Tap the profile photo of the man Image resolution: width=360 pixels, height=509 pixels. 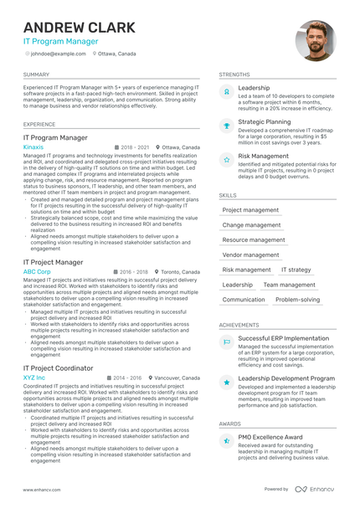pyautogui.click(x=315, y=41)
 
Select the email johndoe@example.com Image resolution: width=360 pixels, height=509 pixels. pyautogui.click(x=58, y=54)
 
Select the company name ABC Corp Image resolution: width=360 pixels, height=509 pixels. pyautogui.click(x=37, y=272)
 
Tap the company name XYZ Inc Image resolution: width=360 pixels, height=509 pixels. pyautogui.click(x=34, y=378)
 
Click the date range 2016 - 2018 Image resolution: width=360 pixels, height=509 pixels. pyautogui.click(x=134, y=272)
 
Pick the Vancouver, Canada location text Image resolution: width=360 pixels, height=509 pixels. pyautogui.click(x=177, y=378)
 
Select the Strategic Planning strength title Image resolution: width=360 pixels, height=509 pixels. pyautogui.click(x=265, y=121)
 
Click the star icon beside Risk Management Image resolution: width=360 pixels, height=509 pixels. pyautogui.click(x=226, y=158)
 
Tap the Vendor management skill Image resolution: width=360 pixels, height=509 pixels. pyautogui.click(x=250, y=254)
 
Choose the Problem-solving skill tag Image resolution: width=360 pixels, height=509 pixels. pyautogui.click(x=297, y=299)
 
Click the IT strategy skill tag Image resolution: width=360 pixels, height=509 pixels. pyautogui.click(x=296, y=270)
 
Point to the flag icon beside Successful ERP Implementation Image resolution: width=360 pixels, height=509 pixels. pyautogui.click(x=226, y=342)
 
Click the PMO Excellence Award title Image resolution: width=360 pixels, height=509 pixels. pyautogui.click(x=270, y=437)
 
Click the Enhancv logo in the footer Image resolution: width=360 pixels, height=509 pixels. pyautogui.click(x=314, y=489)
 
